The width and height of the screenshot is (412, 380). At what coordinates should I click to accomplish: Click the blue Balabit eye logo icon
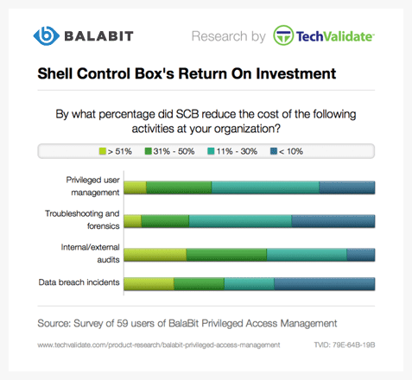(46, 36)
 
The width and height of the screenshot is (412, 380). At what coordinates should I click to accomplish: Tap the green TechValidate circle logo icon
(283, 35)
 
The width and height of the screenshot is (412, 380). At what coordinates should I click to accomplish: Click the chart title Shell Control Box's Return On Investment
(187, 73)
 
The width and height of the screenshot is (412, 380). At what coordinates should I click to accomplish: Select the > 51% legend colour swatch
(103, 151)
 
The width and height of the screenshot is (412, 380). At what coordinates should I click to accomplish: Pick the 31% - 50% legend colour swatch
(148, 151)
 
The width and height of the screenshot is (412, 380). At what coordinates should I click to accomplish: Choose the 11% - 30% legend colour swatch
(211, 151)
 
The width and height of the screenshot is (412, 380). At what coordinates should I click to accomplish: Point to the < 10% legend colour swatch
(274, 151)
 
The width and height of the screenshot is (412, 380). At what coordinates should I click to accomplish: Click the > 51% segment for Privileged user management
(135, 187)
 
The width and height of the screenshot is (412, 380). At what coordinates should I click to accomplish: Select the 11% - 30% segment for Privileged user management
(265, 187)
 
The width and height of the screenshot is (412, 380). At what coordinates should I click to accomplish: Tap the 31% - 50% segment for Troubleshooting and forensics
(165, 221)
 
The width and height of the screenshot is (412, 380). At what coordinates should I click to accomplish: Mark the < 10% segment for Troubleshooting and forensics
(333, 221)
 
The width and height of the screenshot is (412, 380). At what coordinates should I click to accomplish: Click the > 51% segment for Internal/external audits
(155, 255)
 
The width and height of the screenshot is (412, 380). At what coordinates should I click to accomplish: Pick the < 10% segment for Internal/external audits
(361, 255)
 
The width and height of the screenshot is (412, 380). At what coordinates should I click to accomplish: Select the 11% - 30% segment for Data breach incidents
(250, 284)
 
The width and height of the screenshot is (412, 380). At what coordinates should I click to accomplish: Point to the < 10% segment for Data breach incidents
(325, 284)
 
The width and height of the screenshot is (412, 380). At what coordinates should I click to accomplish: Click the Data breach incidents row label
(79, 282)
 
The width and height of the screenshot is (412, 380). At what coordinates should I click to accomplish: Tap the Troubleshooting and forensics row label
(82, 219)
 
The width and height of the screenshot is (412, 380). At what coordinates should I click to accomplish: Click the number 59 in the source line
(123, 323)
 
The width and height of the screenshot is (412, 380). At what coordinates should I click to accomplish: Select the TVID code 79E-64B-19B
(353, 345)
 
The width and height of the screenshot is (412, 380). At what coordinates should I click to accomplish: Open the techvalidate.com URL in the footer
(159, 345)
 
